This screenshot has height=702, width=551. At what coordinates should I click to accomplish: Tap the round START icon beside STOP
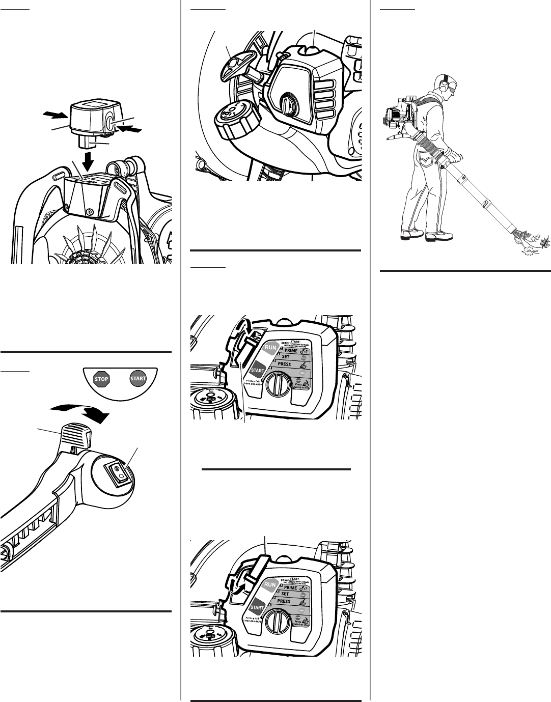tap(138, 379)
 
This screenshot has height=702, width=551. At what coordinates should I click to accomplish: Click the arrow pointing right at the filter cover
tap(54, 115)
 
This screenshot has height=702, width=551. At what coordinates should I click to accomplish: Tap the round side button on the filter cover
tap(112, 122)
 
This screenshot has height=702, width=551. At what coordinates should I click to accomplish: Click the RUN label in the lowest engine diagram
tap(271, 584)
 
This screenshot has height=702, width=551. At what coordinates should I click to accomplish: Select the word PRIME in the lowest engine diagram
tap(287, 587)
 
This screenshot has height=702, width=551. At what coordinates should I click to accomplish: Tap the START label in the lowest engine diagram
tap(257, 607)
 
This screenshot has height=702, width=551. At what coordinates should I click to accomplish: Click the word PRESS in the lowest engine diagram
tap(284, 601)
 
